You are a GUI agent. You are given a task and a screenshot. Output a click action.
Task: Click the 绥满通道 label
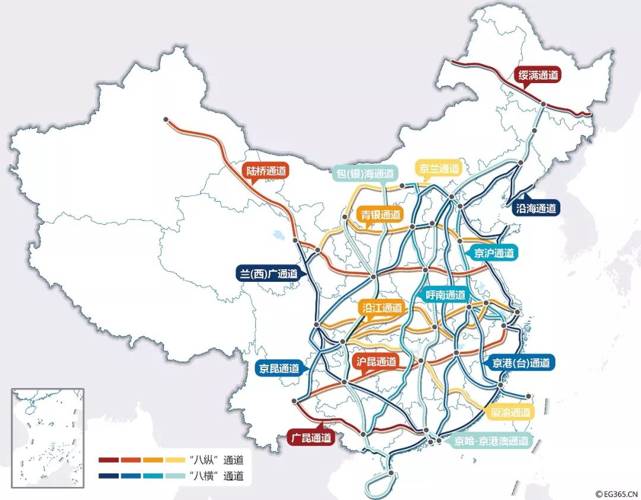pos(538,76)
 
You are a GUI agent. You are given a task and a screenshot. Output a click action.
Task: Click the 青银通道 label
pos(380,215)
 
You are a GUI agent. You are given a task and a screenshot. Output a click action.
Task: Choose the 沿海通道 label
pos(536,208)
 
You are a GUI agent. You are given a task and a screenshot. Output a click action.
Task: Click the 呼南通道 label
pos(446,295)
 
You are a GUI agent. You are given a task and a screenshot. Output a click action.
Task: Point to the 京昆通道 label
pos(279,368)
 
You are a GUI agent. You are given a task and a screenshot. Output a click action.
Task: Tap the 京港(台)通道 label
pos(521,363)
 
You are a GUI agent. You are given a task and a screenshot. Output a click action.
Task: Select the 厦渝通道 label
pos(511,412)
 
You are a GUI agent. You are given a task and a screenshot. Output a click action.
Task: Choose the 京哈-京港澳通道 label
pos(491,441)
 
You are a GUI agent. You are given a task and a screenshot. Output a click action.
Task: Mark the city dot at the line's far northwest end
pos(166,119)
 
